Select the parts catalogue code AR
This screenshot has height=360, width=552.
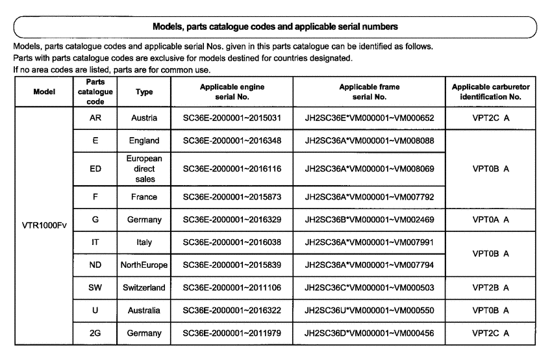pos(95,118)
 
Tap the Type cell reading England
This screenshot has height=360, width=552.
pos(144,140)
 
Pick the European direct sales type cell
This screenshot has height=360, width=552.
pos(144,168)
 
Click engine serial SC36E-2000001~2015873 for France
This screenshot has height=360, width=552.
pos(232,196)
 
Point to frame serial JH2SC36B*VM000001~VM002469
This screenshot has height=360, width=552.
pos(369,220)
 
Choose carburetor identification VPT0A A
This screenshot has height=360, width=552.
pos(490,220)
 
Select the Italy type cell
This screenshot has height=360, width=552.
pos(144,242)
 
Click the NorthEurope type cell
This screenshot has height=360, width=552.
pos(144,265)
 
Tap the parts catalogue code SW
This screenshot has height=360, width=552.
pos(95,287)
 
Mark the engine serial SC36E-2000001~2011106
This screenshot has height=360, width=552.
pos(232,287)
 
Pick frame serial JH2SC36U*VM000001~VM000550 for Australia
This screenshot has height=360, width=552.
pos(369,310)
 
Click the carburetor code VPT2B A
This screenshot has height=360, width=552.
pos(490,287)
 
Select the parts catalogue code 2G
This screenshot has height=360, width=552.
pos(95,333)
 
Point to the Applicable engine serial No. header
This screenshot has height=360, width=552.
pos(232,92)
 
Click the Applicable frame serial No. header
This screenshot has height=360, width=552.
pos(369,92)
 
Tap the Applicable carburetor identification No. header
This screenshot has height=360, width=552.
pos(490,92)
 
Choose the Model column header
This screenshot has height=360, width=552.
pos(44,92)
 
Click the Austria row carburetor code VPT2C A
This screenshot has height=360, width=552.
pos(490,118)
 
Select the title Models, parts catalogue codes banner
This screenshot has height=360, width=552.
pos(275,27)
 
